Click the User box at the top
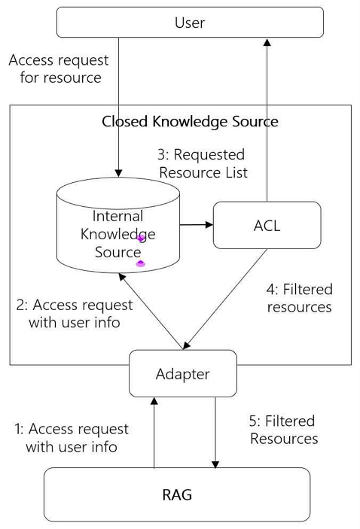click(190, 23)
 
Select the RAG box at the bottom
click(177, 494)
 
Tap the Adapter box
click(182, 373)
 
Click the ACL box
click(267, 225)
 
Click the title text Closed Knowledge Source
click(190, 121)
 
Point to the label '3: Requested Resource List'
click(201, 163)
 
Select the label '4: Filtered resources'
click(299, 298)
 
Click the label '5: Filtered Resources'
click(283, 430)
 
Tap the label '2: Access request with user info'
click(73, 314)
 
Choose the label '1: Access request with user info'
click(72, 438)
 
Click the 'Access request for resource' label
click(59, 68)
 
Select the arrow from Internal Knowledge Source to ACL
click(197, 224)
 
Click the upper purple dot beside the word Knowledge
click(141, 238)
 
